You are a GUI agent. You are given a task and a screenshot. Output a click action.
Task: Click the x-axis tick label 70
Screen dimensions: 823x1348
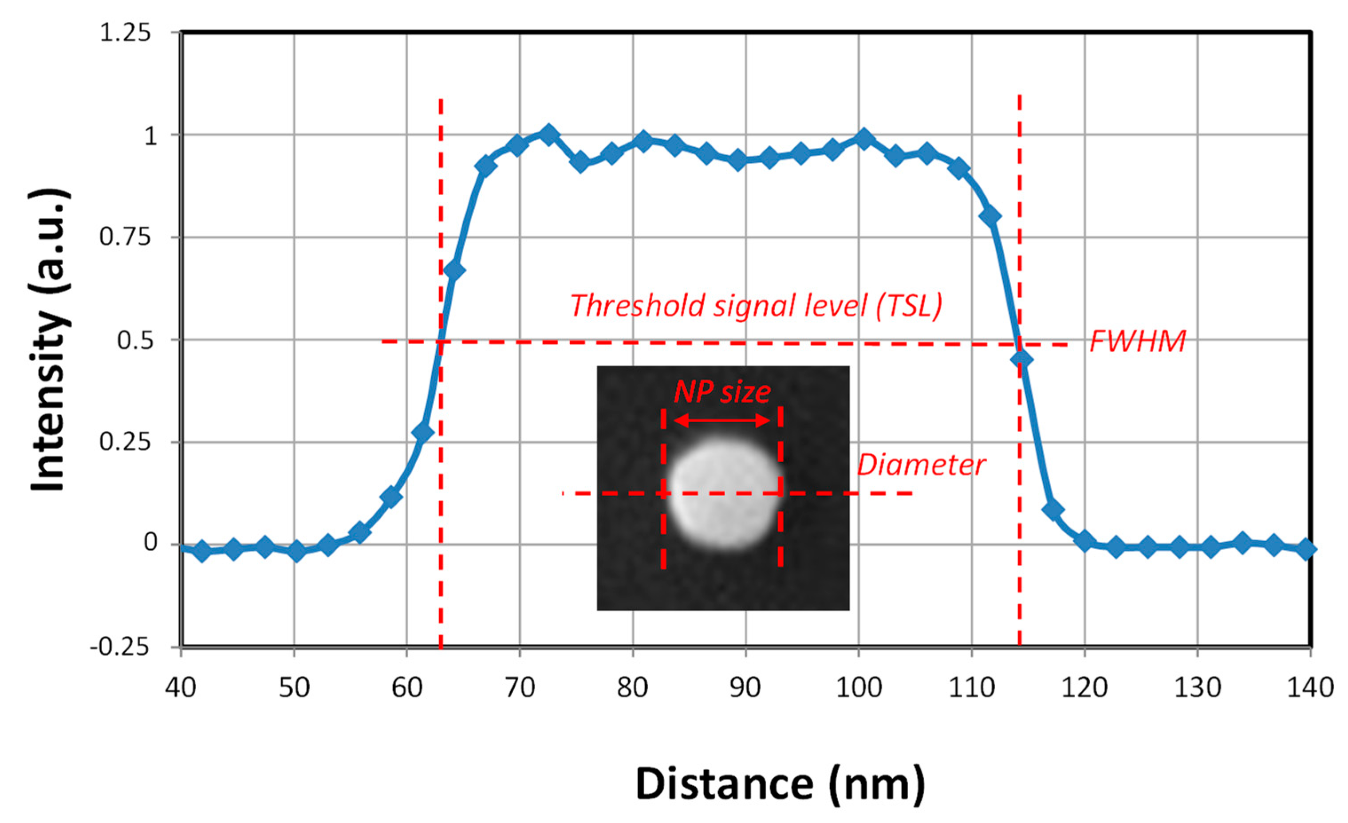click(519, 687)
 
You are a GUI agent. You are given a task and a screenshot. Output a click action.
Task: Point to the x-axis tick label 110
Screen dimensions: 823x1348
click(972, 687)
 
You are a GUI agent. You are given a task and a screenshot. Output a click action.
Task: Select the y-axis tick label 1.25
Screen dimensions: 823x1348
click(125, 33)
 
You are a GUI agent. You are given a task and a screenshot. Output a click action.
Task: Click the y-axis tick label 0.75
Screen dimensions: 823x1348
click(125, 237)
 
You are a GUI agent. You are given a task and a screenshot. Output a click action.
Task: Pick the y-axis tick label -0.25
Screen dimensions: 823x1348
click(120, 647)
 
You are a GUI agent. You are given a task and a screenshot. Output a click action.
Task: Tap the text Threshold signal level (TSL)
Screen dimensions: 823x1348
click(757, 306)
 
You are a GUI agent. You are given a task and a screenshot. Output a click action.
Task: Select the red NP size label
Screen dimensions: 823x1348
click(722, 392)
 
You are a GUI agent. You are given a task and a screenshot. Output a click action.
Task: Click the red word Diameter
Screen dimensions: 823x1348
click(921, 465)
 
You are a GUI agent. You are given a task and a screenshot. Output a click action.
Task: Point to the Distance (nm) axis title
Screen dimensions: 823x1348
click(780, 784)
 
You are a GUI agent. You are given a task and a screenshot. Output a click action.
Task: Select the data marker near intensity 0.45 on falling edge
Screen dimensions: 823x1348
click(1021, 359)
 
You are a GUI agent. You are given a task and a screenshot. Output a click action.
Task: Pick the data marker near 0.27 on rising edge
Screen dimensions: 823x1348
click(423, 433)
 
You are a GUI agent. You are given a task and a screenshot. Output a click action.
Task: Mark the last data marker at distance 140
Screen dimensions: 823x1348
click(1306, 549)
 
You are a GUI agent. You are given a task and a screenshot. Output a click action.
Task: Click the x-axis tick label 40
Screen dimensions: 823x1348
click(181, 687)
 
